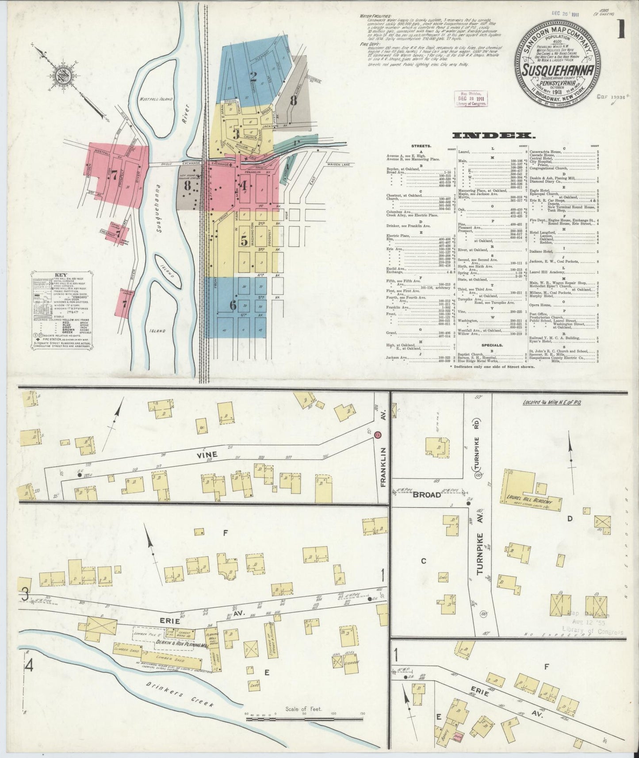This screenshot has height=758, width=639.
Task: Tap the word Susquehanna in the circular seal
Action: point(555,70)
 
